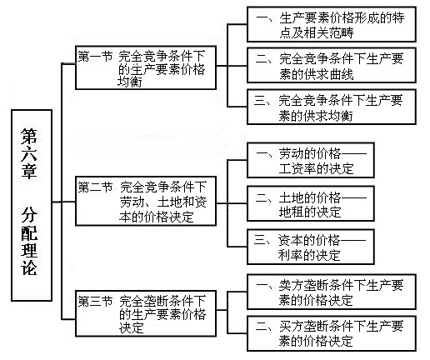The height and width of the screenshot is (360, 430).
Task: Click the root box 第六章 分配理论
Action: [32, 205]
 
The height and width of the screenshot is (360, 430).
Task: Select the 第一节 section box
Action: [146, 67]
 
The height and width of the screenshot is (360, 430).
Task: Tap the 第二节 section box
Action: [146, 201]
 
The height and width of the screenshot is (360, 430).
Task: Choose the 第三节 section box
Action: [146, 313]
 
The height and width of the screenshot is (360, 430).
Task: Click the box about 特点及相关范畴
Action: [332, 25]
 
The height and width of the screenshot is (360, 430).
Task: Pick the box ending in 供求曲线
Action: [332, 66]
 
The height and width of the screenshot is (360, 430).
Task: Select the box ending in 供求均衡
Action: [332, 107]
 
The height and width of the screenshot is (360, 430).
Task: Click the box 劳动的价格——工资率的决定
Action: [311, 161]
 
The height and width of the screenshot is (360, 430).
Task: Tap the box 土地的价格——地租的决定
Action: [311, 204]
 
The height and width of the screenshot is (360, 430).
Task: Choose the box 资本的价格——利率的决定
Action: [311, 247]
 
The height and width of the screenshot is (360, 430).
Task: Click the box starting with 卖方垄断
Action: [332, 292]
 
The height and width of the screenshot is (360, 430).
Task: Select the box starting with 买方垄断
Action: [332, 333]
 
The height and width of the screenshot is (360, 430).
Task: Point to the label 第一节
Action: [95, 57]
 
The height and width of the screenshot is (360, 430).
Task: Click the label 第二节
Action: [95, 187]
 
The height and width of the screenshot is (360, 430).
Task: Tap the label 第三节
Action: [95, 302]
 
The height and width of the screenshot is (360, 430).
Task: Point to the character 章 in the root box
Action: [29, 170]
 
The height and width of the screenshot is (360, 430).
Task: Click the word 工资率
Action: [297, 169]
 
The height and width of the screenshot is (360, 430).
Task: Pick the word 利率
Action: [291, 255]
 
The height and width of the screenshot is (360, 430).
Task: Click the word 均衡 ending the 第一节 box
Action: [129, 82]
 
